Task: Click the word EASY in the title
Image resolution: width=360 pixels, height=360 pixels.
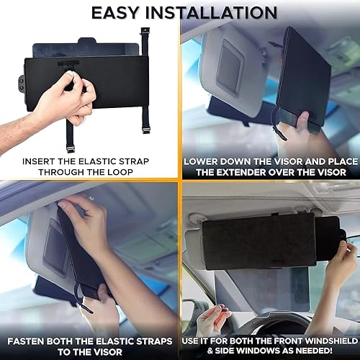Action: click(x=119, y=12)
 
